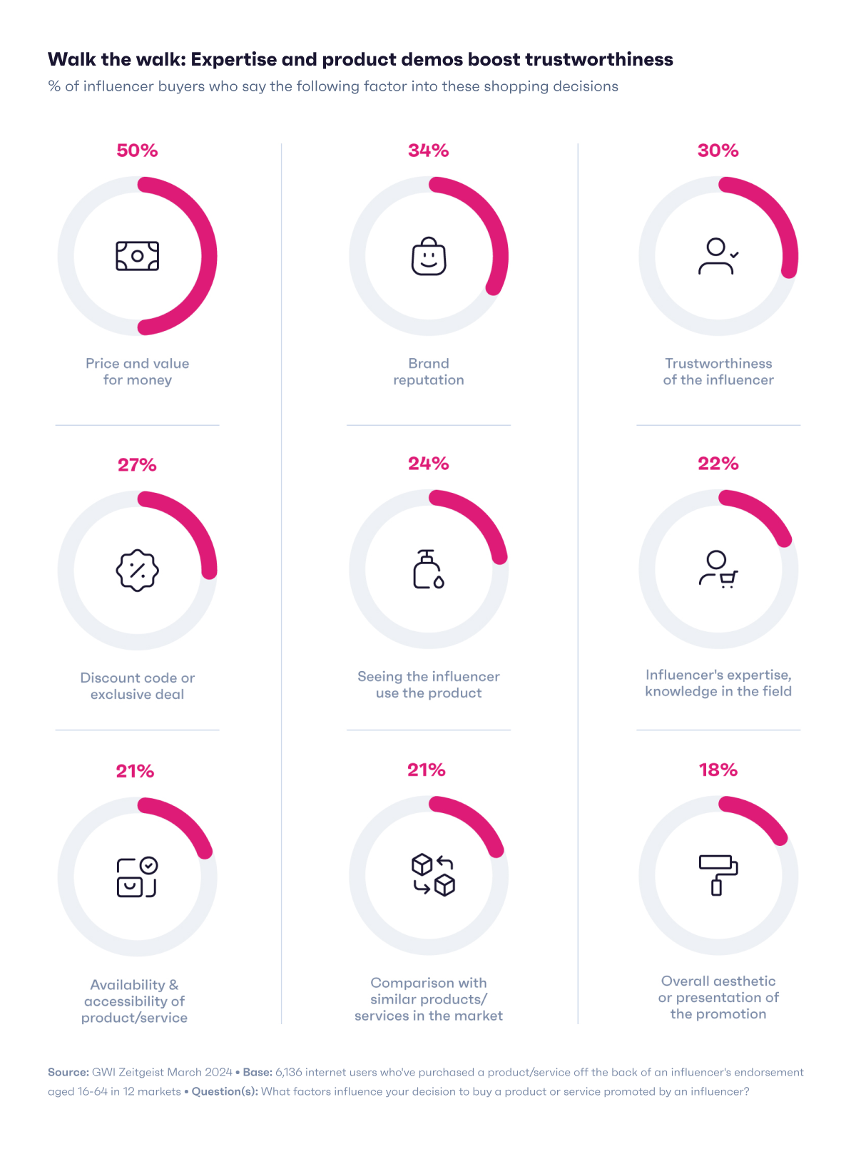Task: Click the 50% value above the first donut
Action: [x=137, y=150]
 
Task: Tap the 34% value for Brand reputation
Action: [x=428, y=150]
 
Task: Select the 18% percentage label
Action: [x=718, y=770]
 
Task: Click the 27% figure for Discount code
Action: [x=137, y=465]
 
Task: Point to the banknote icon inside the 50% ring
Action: [x=137, y=256]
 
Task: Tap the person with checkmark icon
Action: [x=718, y=257]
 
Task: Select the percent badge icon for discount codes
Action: [x=137, y=571]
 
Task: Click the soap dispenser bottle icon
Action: [x=428, y=569]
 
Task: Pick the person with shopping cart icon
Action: [x=718, y=569]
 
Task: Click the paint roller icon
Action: [x=718, y=875]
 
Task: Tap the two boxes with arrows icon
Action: [x=433, y=875]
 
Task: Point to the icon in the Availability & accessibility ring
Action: [x=137, y=877]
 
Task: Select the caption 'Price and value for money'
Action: [x=137, y=372]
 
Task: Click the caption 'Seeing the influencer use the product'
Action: [x=428, y=685]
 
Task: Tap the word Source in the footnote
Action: [x=68, y=1072]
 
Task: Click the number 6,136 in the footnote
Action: [x=288, y=1072]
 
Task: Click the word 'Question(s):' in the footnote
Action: [x=224, y=1091]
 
